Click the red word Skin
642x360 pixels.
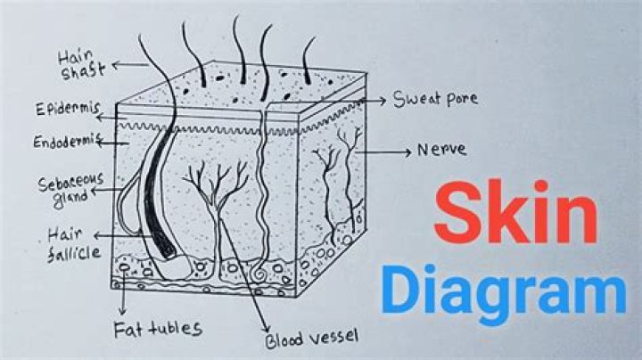pyautogui.click(x=515, y=212)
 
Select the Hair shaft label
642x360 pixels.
pyautogui.click(x=81, y=65)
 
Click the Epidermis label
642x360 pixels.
pyautogui.click(x=68, y=109)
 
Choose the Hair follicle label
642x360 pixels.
pyautogui.click(x=73, y=245)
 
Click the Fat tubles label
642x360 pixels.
pyautogui.click(x=158, y=329)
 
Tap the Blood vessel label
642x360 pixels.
pyautogui.click(x=311, y=339)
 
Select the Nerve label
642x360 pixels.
pyautogui.click(x=441, y=150)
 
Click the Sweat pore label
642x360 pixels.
pyautogui.click(x=435, y=99)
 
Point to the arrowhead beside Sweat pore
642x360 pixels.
pyautogui.click(x=383, y=100)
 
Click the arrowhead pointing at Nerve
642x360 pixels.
pyautogui.click(x=407, y=152)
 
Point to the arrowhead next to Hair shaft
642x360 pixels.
pyautogui.click(x=116, y=65)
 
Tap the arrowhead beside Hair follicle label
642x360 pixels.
pyautogui.click(x=97, y=235)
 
